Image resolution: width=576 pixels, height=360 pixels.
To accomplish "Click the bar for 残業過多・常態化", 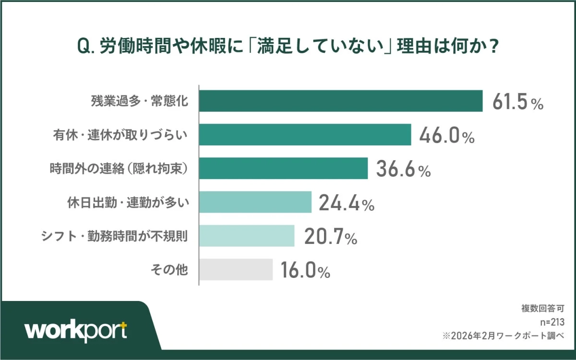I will click(x=341, y=101).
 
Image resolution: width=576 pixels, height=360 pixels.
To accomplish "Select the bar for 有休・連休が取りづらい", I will click(x=305, y=134).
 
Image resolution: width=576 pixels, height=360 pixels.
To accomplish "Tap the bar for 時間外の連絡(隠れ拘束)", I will click(x=283, y=168).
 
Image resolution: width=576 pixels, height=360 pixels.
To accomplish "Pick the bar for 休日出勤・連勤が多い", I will click(x=255, y=202).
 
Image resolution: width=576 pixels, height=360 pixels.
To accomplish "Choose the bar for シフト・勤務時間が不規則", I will click(x=247, y=236).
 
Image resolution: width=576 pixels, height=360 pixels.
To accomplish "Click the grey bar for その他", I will click(x=236, y=269).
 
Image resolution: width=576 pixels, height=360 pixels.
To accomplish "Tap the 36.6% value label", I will click(x=403, y=169).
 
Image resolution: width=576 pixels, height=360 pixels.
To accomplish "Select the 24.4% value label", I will click(x=347, y=204).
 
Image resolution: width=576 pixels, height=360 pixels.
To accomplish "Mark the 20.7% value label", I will click(x=329, y=237).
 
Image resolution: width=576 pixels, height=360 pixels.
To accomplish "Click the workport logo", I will click(x=76, y=331).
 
